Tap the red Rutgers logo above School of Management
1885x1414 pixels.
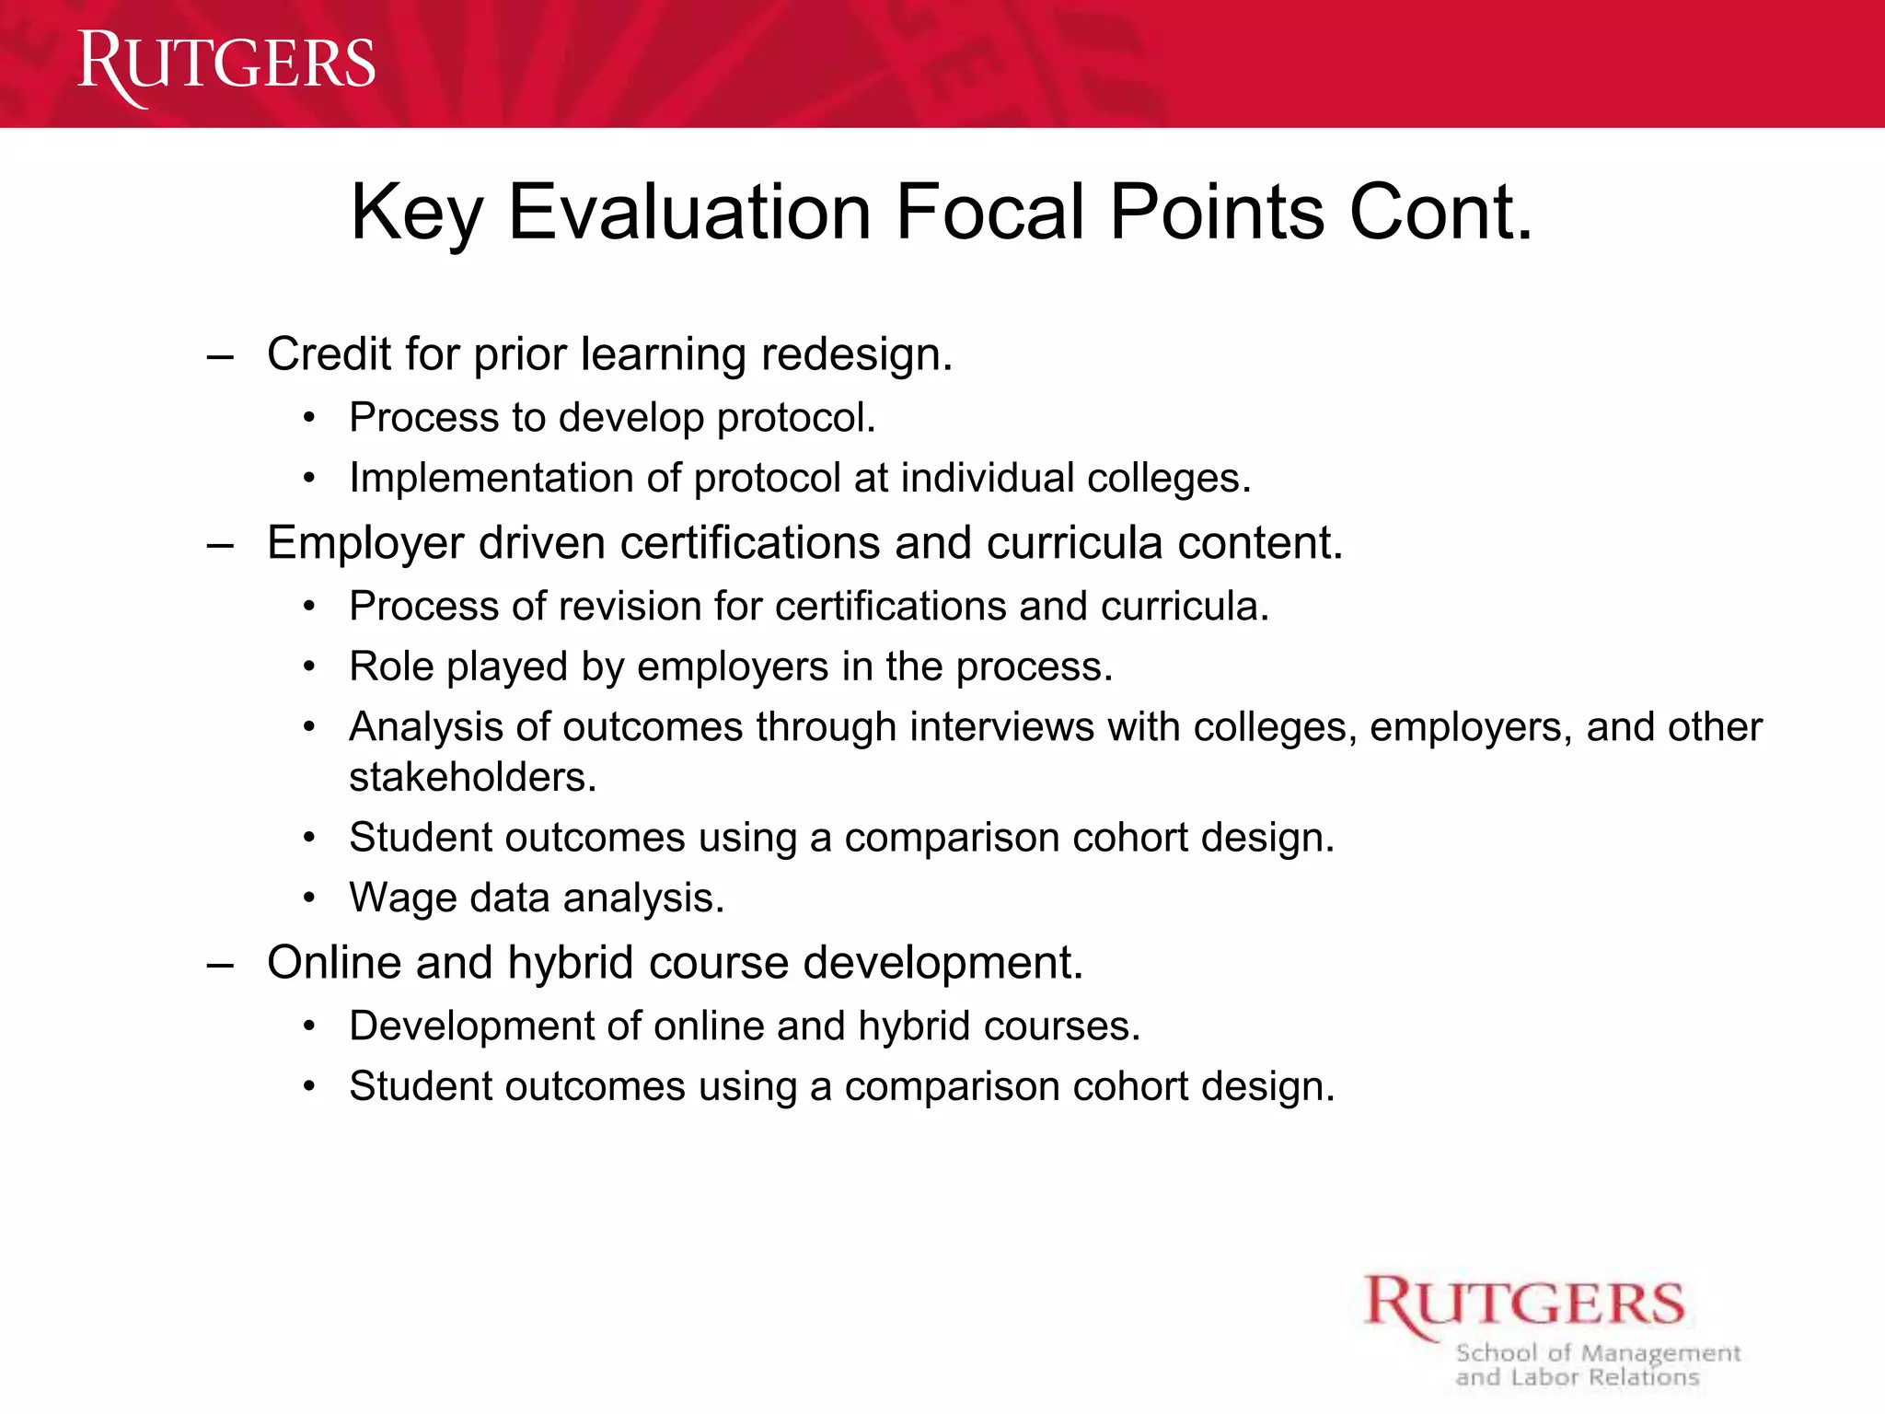1524,1304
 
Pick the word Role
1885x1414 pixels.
391,666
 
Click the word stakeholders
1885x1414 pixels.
472,778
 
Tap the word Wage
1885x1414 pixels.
402,898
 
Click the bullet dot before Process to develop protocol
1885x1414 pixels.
310,419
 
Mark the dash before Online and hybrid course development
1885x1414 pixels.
220,965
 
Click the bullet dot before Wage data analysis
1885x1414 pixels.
310,898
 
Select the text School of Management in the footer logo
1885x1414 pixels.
1598,1353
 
